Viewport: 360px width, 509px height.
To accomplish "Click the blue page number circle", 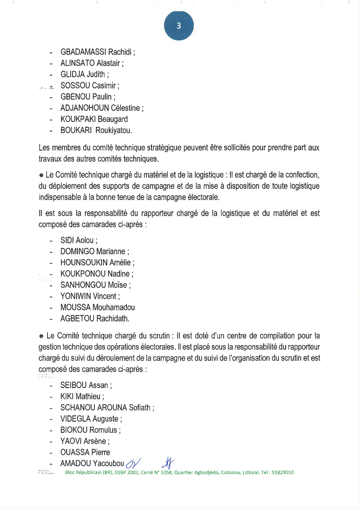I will tap(179, 26).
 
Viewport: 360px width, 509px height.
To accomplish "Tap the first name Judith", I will tap(96, 74).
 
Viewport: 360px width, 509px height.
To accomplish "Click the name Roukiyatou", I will tap(113, 131).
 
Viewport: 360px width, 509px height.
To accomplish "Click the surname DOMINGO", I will tap(77, 252).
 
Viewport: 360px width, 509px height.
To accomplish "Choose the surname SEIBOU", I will tap(73, 385).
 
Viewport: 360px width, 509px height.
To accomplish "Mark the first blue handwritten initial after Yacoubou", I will tap(134, 464).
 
